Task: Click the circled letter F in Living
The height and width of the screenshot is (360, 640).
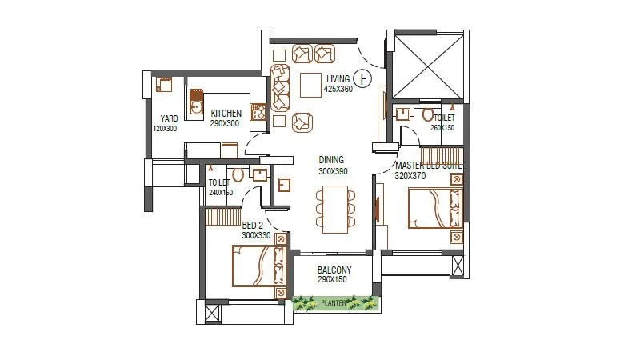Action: [363, 78]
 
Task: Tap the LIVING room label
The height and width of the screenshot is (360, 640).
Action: [338, 78]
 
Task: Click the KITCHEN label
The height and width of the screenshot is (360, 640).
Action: [226, 114]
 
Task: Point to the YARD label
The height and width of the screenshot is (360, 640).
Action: [168, 118]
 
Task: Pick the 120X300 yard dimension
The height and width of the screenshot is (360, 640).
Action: [165, 129]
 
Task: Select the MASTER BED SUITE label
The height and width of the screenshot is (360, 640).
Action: [429, 166]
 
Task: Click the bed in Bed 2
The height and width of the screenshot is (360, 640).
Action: [258, 266]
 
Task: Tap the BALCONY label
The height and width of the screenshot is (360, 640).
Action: [335, 271]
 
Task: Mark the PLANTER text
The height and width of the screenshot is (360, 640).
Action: [334, 303]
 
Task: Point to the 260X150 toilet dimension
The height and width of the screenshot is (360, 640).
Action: [442, 127]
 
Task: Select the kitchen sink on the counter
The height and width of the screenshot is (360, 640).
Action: [195, 102]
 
